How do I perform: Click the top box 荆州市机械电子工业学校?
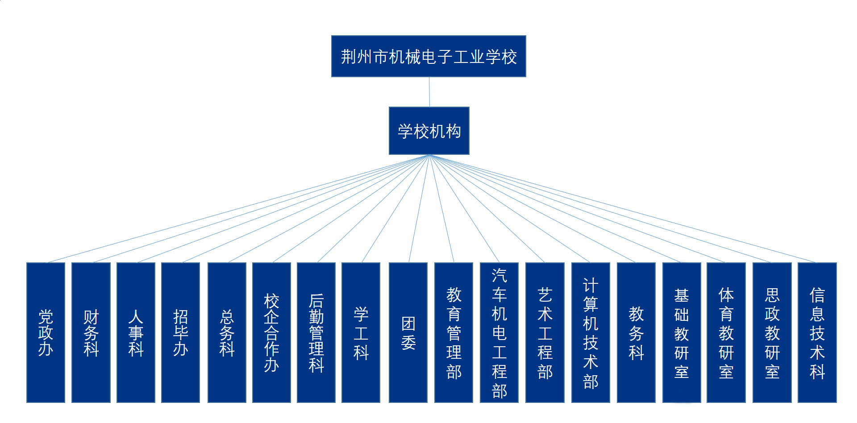pyautogui.click(x=428, y=56)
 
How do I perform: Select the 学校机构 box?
pyautogui.click(x=429, y=131)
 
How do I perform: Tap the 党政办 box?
pyautogui.click(x=46, y=332)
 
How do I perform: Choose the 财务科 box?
pyautogui.click(x=91, y=332)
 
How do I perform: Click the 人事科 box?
pyautogui.click(x=136, y=332)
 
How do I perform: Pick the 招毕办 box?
pyautogui.click(x=180, y=332)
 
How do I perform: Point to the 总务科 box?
pyautogui.click(x=227, y=332)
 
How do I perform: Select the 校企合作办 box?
pyautogui.click(x=271, y=332)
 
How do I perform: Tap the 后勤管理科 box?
pyautogui.click(x=316, y=332)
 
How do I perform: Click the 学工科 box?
pyautogui.click(x=361, y=332)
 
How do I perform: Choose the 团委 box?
pyautogui.click(x=408, y=332)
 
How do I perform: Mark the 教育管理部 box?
pyautogui.click(x=453, y=332)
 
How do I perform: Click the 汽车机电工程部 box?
pyautogui.click(x=499, y=332)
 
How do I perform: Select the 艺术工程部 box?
pyautogui.click(x=545, y=332)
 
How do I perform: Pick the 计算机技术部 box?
pyautogui.click(x=591, y=332)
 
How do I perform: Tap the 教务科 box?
pyautogui.click(x=636, y=332)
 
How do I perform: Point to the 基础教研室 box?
pyautogui.click(x=682, y=332)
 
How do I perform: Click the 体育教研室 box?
pyautogui.click(x=726, y=332)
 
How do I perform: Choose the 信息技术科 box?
pyautogui.click(x=817, y=332)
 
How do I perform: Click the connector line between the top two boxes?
pyautogui.click(x=429, y=92)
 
